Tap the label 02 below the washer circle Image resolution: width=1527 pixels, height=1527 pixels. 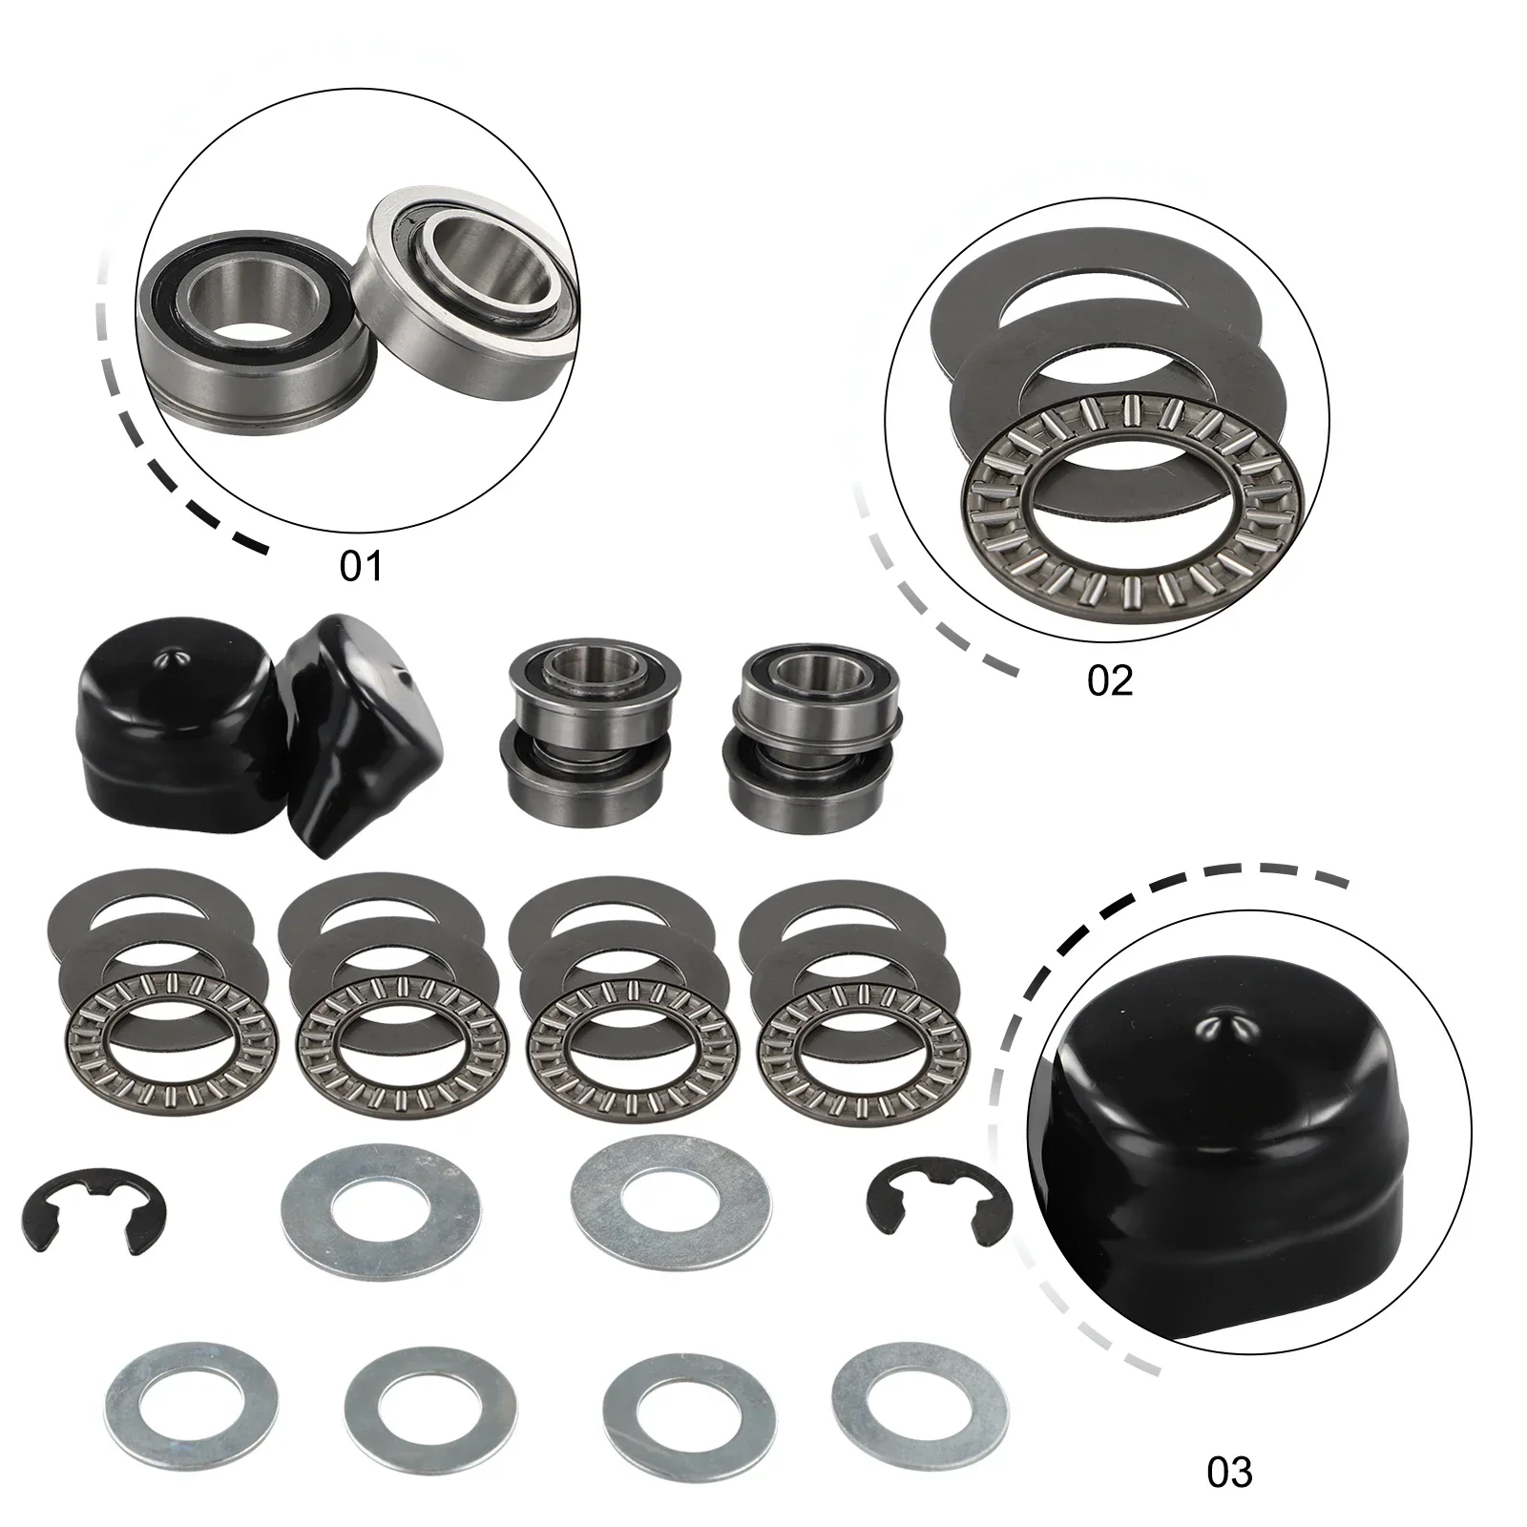point(1109,680)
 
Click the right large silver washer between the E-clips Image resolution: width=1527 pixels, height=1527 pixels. point(671,1198)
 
